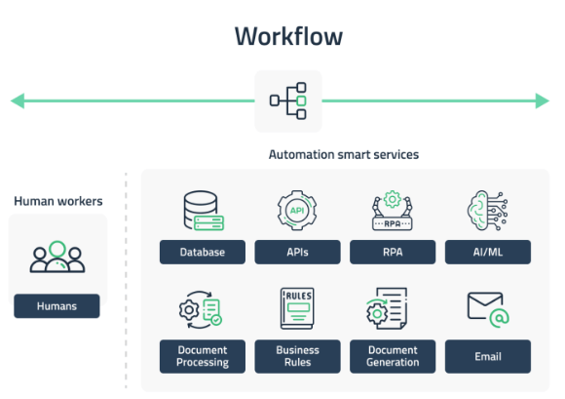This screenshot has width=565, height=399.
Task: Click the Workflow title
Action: click(288, 36)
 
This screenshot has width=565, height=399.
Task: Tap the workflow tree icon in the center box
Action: click(288, 100)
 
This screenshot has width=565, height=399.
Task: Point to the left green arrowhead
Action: click(18, 100)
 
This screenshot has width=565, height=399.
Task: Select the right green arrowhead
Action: click(543, 100)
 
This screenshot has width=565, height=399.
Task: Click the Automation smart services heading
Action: click(344, 154)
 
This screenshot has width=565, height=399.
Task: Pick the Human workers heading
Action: click(58, 201)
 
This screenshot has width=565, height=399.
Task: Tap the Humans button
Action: click(56, 306)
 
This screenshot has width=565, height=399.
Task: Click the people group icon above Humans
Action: click(57, 257)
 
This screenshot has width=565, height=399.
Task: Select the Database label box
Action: click(203, 252)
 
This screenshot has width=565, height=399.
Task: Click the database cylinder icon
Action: click(204, 211)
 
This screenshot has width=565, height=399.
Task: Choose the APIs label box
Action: click(298, 252)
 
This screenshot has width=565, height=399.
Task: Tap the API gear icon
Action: click(297, 211)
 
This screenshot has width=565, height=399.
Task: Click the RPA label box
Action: click(393, 252)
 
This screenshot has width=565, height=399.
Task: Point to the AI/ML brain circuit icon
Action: click(487, 211)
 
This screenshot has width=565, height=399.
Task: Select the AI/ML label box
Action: click(488, 252)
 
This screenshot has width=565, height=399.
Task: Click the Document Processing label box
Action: click(203, 356)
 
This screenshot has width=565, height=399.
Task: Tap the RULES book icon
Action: click(297, 308)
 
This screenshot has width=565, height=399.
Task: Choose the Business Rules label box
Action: click(298, 356)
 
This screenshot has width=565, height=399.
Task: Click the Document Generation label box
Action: click(393, 356)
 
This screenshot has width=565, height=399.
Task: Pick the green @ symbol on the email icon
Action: click(500, 318)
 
